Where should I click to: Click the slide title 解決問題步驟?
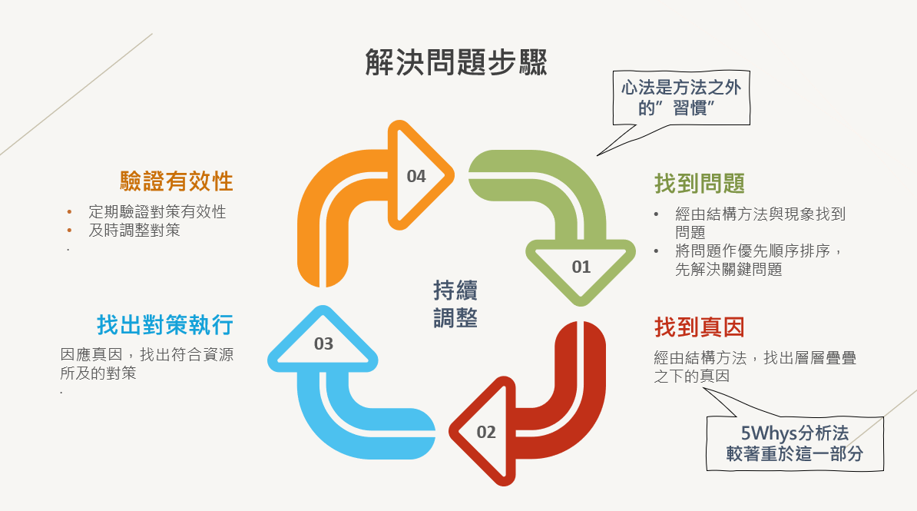click(456, 62)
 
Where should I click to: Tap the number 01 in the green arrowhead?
click(581, 267)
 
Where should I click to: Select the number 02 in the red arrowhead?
click(486, 432)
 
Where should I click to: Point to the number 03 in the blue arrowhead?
click(323, 343)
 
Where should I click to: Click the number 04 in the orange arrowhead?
click(415, 177)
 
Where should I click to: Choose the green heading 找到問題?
click(699, 184)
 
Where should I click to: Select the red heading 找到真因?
click(699, 327)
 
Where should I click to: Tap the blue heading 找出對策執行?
click(165, 325)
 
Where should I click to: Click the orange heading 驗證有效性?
click(177, 181)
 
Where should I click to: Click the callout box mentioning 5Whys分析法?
click(795, 443)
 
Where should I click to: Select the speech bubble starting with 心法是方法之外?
click(681, 98)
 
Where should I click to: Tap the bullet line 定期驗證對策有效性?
click(157, 212)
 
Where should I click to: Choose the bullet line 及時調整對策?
click(134, 230)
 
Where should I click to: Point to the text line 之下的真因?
click(691, 377)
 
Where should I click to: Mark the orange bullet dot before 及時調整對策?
click(69, 230)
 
